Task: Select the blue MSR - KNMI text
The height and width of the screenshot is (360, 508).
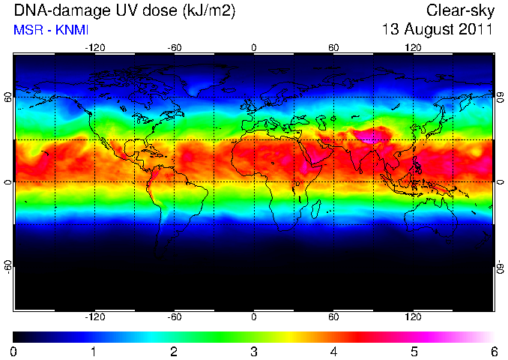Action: pos(51,30)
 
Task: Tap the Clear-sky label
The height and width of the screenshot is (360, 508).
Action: pos(460,10)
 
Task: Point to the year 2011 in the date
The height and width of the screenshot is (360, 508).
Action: pos(476,29)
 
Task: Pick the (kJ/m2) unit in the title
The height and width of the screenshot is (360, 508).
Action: pos(209,11)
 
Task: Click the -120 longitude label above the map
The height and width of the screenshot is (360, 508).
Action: pos(95,48)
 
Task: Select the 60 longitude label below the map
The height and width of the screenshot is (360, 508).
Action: pos(333,316)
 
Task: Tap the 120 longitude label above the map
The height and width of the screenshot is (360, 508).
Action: pos(413,48)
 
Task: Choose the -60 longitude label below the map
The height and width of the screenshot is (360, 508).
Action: pos(175,316)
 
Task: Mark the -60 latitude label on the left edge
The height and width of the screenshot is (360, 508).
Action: pos(8,266)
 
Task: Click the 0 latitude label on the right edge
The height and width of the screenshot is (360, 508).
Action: pos(501,182)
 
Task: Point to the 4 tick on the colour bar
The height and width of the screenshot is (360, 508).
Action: pos(333,352)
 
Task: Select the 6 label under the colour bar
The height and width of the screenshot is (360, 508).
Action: pos(494,352)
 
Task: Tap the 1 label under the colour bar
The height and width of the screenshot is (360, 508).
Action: pos(94,352)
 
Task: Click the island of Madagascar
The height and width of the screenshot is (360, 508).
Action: pos(315,208)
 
